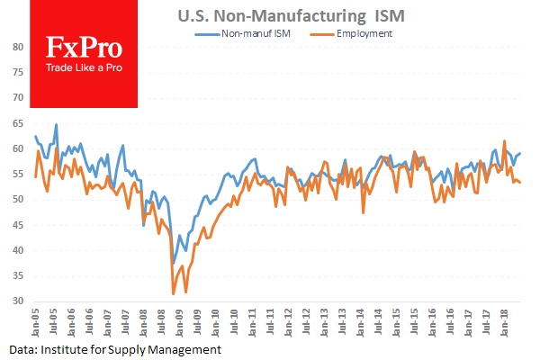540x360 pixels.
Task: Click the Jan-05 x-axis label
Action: click(x=36, y=321)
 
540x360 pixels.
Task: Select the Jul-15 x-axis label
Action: click(x=417, y=321)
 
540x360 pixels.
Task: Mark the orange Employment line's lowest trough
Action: click(x=174, y=293)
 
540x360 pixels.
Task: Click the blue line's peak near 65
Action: click(x=56, y=124)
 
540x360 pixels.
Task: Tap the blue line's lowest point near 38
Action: click(x=174, y=262)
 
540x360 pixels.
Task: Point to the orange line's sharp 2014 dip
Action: click(x=364, y=212)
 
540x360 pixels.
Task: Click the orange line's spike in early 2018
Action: click(x=505, y=141)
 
